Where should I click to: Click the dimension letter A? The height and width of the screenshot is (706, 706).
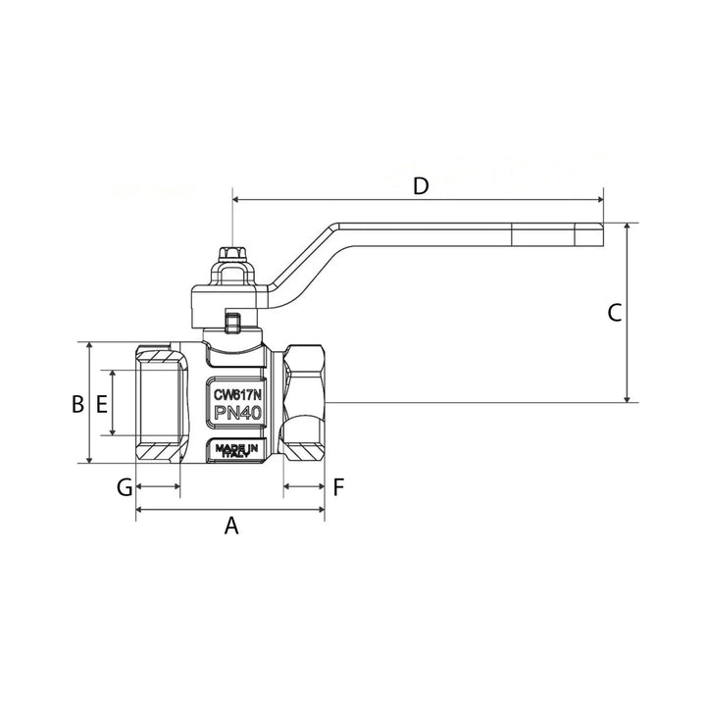(x=231, y=525)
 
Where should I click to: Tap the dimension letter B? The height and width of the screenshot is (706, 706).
(x=77, y=404)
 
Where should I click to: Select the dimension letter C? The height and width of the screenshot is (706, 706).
(x=615, y=313)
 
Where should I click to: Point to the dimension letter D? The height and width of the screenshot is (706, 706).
(x=421, y=186)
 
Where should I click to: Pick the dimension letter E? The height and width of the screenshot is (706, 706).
(x=102, y=404)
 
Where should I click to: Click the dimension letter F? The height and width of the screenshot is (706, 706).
(x=338, y=486)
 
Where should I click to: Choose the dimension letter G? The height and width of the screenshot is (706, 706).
(x=125, y=486)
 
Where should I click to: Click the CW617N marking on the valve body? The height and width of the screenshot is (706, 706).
(x=237, y=395)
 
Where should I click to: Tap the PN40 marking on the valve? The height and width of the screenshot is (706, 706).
(x=237, y=413)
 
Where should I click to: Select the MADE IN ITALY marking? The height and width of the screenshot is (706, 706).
(x=237, y=451)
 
